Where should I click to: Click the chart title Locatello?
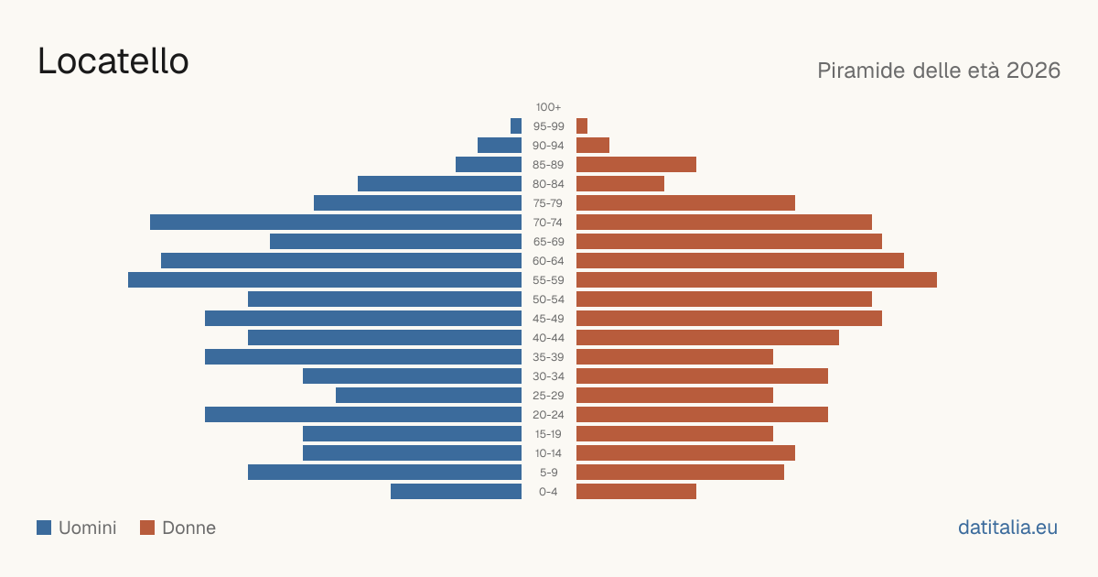[x=113, y=61]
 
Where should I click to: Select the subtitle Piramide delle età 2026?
[x=939, y=71]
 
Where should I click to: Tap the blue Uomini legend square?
[x=44, y=528]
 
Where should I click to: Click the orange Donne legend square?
[x=147, y=528]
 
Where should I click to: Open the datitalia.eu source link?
[x=1007, y=528]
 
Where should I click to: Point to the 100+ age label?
[x=548, y=107]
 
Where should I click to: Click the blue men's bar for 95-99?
[x=516, y=126]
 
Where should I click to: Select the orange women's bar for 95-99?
[x=582, y=126]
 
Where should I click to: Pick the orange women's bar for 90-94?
[x=593, y=146]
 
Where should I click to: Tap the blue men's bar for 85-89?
[x=489, y=164]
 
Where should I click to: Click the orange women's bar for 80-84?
[x=620, y=183]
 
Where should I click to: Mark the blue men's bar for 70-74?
[x=336, y=223]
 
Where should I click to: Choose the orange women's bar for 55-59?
[x=757, y=279]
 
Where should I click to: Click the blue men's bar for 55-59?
[x=325, y=279]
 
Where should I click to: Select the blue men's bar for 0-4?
[x=456, y=491]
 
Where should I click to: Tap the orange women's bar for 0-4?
[x=636, y=491]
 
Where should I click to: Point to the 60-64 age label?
[x=548, y=261]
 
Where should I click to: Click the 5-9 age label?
[x=548, y=473]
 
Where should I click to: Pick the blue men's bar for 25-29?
[x=428, y=395]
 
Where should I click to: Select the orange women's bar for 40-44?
[x=707, y=338]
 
